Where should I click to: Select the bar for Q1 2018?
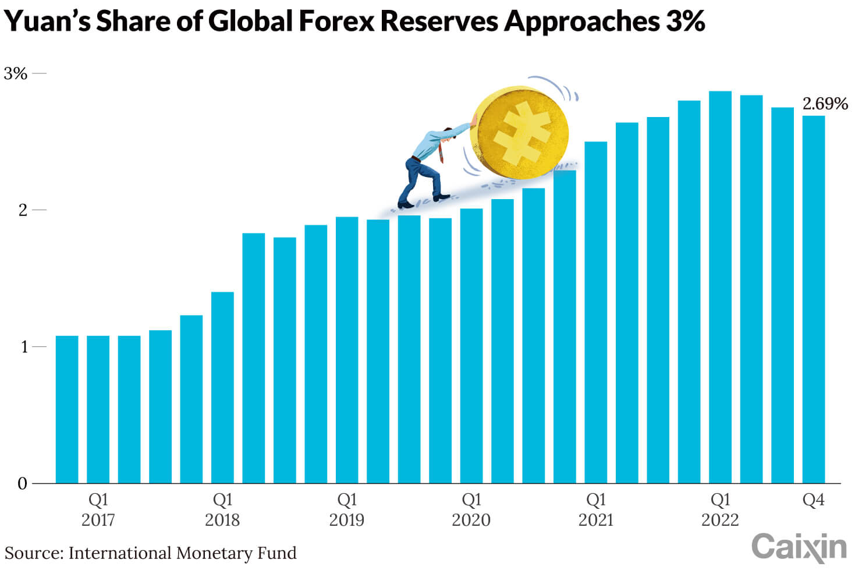pyautogui.click(x=222, y=387)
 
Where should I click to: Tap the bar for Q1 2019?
pyautogui.click(x=347, y=350)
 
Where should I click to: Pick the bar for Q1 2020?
pyautogui.click(x=471, y=346)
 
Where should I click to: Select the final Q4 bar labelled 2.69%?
pyautogui.click(x=813, y=299)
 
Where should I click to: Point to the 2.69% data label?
pyautogui.click(x=825, y=104)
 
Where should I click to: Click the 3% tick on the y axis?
pyautogui.click(x=16, y=74)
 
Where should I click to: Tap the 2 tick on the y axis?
pyautogui.click(x=23, y=210)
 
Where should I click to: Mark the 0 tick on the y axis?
pyautogui.click(x=23, y=484)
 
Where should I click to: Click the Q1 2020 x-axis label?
pyautogui.click(x=471, y=509)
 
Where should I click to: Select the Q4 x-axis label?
pyautogui.click(x=813, y=500)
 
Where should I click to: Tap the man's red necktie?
pyautogui.click(x=441, y=153)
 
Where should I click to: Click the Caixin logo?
pyautogui.click(x=799, y=548)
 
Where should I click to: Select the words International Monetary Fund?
pyautogui.click(x=182, y=553)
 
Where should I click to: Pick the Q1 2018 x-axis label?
pyautogui.click(x=222, y=509)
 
